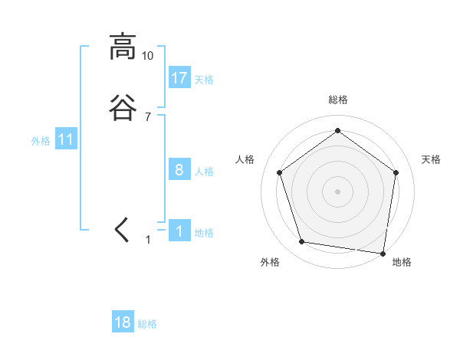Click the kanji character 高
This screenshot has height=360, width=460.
coord(122,47)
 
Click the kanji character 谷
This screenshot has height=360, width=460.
coord(122,107)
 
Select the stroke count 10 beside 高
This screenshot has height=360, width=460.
coord(148,56)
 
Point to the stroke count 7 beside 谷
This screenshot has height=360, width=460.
coord(148,116)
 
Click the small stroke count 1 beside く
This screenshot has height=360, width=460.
coord(149,240)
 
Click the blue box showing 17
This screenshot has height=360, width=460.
coord(179,77)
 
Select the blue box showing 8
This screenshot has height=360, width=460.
coord(179,169)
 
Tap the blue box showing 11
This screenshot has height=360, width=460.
coord(66,139)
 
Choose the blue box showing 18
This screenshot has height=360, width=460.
coord(123,322)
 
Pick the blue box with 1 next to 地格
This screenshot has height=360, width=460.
coord(179,231)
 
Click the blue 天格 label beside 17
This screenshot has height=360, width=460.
coord(204,79)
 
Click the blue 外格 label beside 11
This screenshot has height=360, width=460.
coord(41,141)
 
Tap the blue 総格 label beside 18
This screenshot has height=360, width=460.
coord(147,324)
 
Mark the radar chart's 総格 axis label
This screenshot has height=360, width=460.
coord(337,100)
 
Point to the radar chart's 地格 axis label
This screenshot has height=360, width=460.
coord(402,262)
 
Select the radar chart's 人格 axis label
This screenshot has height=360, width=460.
coord(245,159)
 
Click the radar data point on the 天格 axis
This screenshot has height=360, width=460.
coord(396,172)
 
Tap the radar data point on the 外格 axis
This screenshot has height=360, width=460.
coord(302,242)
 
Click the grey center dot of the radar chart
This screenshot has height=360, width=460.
coord(337,191)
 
